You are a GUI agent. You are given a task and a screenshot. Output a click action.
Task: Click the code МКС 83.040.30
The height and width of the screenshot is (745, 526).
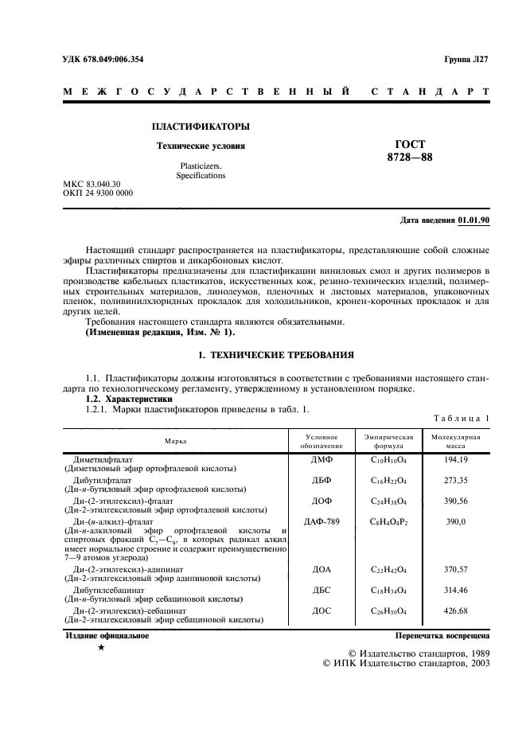click(x=92, y=184)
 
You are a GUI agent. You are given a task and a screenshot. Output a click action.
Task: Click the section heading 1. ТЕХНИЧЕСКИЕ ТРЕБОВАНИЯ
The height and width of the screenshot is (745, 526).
click(x=276, y=353)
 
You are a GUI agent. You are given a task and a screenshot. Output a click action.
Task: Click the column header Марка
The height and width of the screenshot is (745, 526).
click(x=176, y=440)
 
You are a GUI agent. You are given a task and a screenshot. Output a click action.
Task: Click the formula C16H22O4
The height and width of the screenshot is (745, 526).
click(x=388, y=480)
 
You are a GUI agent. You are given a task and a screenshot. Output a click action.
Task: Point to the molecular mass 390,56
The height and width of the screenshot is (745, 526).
click(x=455, y=501)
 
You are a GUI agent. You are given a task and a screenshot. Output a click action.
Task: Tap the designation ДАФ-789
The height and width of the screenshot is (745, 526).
click(x=321, y=522)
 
